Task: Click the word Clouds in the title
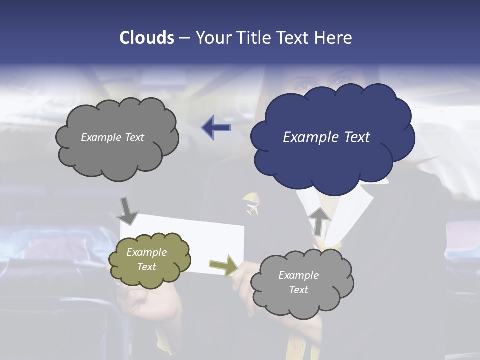(146, 38)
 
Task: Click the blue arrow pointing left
(216, 128)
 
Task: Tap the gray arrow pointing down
(128, 211)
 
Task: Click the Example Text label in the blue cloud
(326, 137)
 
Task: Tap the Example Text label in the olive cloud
(147, 259)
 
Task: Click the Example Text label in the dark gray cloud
(112, 137)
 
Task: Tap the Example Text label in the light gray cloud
(298, 282)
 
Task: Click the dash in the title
(184, 38)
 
